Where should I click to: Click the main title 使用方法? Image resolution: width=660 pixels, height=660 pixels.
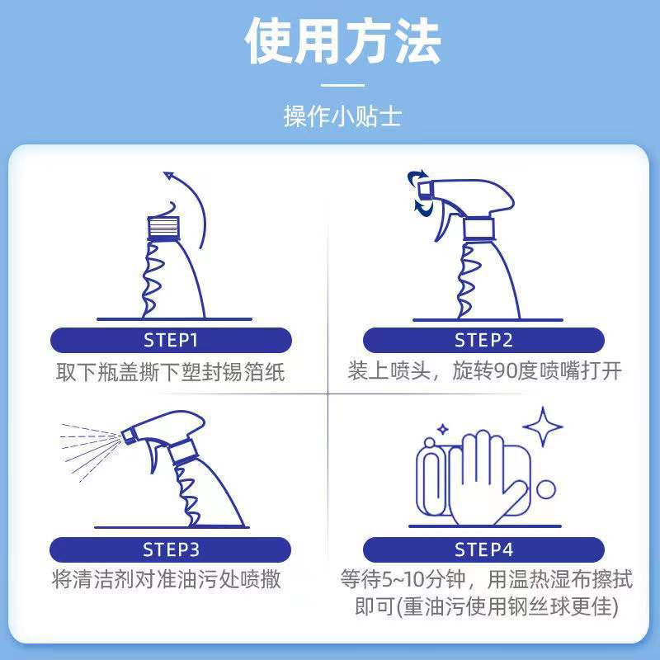click(342, 41)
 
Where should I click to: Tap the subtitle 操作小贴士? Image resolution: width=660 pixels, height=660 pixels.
click(342, 115)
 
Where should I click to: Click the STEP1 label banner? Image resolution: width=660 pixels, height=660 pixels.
click(171, 340)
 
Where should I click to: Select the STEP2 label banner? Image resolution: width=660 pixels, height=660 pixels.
click(483, 340)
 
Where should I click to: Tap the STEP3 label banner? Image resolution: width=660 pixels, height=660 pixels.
click(171, 549)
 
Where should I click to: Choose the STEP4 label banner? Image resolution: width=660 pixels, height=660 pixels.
click(483, 549)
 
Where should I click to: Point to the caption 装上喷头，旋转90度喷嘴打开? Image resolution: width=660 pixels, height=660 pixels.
click(484, 372)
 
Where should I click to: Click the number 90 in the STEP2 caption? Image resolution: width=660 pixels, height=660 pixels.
click(504, 372)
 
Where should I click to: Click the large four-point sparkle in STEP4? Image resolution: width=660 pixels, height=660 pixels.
click(543, 427)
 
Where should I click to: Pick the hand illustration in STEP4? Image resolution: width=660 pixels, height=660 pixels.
click(483, 478)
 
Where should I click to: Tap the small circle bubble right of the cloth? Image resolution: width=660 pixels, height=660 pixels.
click(545, 490)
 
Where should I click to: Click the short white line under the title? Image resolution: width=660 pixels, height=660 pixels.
click(342, 84)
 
